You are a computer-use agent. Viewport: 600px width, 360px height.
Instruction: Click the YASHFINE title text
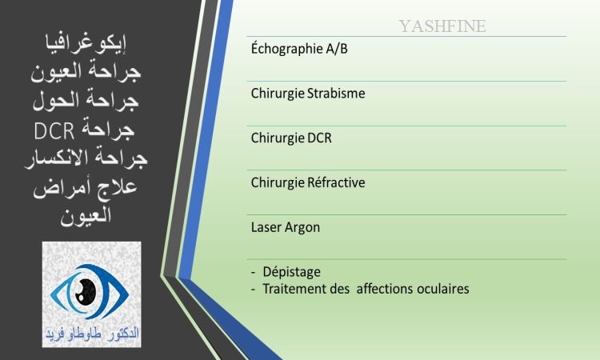pyautogui.click(x=442, y=26)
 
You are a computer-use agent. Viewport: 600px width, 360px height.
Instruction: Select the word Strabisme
pyautogui.click(x=336, y=94)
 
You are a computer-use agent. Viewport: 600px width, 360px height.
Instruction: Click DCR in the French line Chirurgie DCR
pyautogui.click(x=319, y=138)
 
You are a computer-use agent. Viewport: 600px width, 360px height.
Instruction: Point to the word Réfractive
pyautogui.click(x=336, y=182)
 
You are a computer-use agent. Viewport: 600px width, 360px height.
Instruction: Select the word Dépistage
pyautogui.click(x=291, y=272)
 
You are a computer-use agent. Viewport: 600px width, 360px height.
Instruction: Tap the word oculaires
pyautogui.click(x=442, y=289)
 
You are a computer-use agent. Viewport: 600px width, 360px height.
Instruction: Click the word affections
pyautogui.click(x=385, y=289)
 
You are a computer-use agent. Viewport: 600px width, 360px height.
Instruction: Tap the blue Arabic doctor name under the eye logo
pyautogui.click(x=92, y=334)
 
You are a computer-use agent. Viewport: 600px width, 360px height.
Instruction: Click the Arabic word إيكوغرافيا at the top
pyautogui.click(x=86, y=44)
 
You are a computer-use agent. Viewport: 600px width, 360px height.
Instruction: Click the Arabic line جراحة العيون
pyautogui.click(x=86, y=71)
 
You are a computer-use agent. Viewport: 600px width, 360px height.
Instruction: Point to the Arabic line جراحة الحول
pyautogui.click(x=86, y=100)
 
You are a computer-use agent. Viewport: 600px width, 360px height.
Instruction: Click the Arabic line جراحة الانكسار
pyautogui.click(x=86, y=158)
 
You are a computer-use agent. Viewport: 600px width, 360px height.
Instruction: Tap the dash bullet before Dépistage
pyautogui.click(x=254, y=272)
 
